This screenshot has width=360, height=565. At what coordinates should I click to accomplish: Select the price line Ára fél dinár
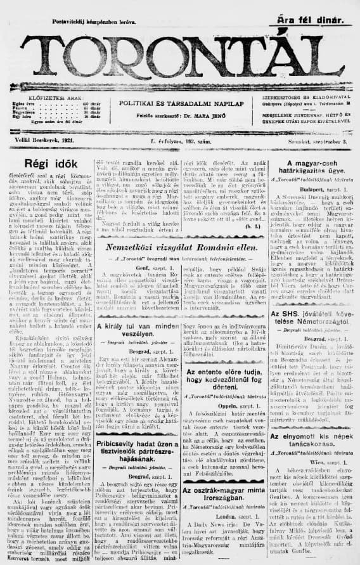pos(306,22)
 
